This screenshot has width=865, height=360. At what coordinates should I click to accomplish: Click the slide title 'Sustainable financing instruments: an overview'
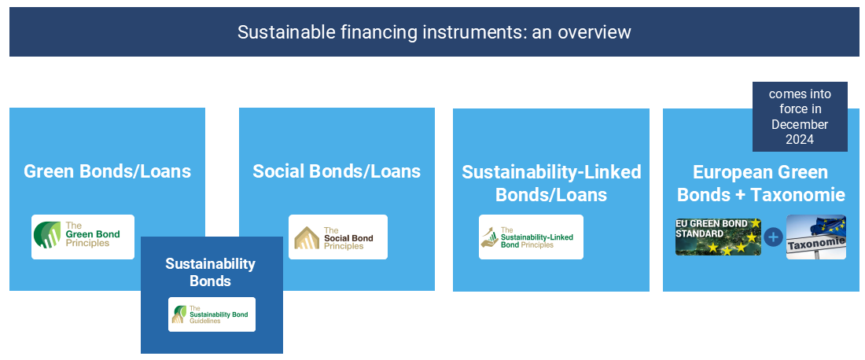tap(434, 32)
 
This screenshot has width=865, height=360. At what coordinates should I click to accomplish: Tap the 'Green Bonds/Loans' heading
tap(107, 171)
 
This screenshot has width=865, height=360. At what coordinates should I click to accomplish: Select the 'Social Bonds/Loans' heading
tap(337, 171)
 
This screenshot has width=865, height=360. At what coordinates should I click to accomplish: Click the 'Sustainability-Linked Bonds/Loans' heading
tap(551, 183)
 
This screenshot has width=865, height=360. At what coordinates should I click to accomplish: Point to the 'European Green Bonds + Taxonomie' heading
tap(760, 183)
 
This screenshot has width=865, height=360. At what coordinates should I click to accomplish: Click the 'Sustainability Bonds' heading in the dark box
tap(210, 272)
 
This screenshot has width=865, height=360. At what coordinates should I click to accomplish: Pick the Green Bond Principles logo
tap(83, 237)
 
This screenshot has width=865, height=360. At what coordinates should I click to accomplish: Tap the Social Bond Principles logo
tap(337, 237)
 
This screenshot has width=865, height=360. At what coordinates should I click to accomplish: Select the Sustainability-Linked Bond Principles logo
tap(531, 237)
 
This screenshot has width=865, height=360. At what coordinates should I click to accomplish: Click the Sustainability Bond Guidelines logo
tap(212, 314)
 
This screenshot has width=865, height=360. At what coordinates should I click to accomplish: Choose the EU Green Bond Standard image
tap(718, 237)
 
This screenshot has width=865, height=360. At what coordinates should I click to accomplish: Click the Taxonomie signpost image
tap(815, 237)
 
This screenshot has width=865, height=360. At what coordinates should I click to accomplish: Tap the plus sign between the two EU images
tap(774, 237)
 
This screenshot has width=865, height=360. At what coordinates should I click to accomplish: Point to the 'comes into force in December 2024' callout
tap(799, 116)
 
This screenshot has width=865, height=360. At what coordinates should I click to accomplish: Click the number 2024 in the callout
tap(799, 139)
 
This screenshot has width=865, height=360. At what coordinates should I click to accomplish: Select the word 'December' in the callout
tap(799, 124)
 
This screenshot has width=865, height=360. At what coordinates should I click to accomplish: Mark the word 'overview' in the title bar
tap(597, 32)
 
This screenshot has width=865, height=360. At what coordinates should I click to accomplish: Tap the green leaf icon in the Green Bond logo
tap(47, 235)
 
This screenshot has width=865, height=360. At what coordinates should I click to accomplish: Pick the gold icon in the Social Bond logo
tap(306, 237)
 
